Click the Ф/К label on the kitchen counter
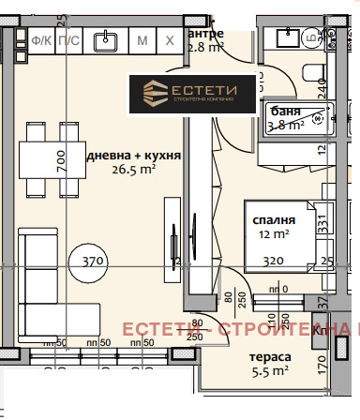click(40, 40)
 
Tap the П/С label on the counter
click(67, 40)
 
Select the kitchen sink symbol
click(105, 39)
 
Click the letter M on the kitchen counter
click(142, 40)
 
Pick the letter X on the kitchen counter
click(170, 40)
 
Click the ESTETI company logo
click(193, 93)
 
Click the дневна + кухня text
click(132, 156)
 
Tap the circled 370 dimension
click(91, 261)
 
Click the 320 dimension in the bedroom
click(273, 262)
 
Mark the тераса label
click(269, 357)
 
